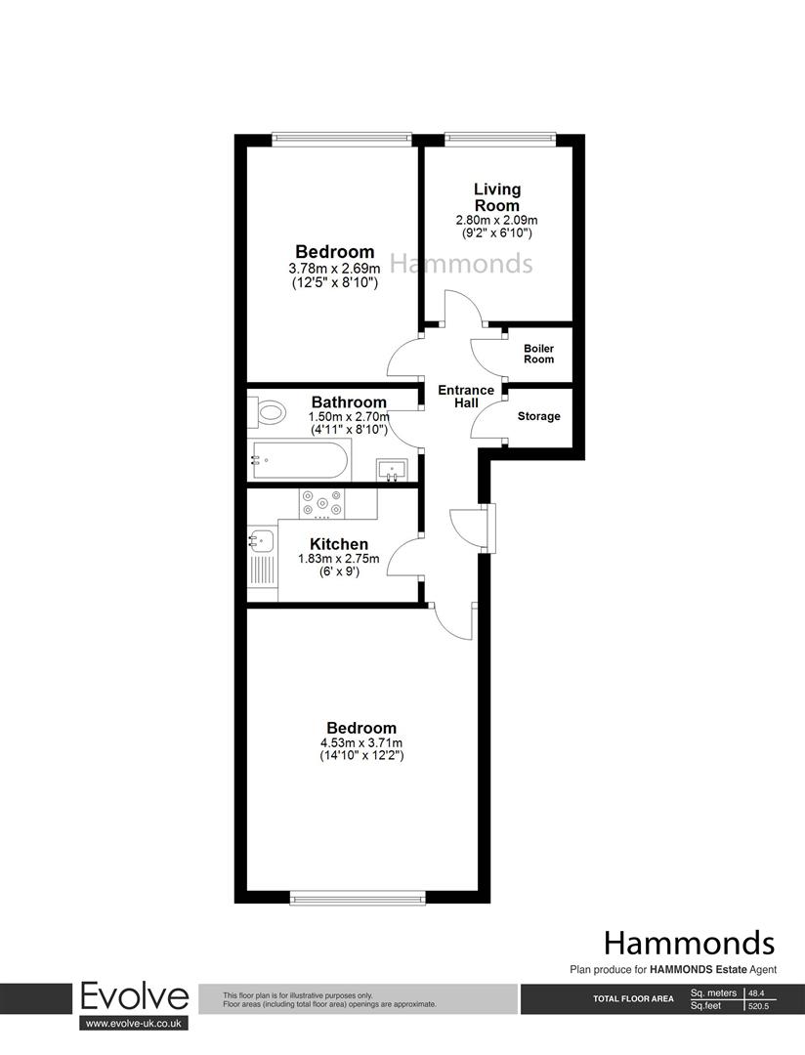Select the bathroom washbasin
pyautogui.click(x=393, y=470)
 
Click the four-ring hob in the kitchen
pyautogui.click(x=322, y=502)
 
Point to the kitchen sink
pyautogui.click(x=261, y=539)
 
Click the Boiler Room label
pyautogui.click(x=538, y=354)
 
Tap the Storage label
pyautogui.click(x=538, y=416)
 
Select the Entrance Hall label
pyautogui.click(x=465, y=397)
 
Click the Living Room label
pyautogui.click(x=497, y=196)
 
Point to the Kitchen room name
pyautogui.click(x=339, y=544)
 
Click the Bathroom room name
pyautogui.click(x=349, y=401)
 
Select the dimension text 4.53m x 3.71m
pyautogui.click(x=361, y=742)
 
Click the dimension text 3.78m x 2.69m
pyautogui.click(x=335, y=269)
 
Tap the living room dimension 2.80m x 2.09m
pyautogui.click(x=497, y=221)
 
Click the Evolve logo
pyautogui.click(x=134, y=996)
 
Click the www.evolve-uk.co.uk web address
pyautogui.click(x=134, y=1023)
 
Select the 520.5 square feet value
pyautogui.click(x=759, y=1005)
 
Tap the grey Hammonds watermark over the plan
pyautogui.click(x=462, y=263)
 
